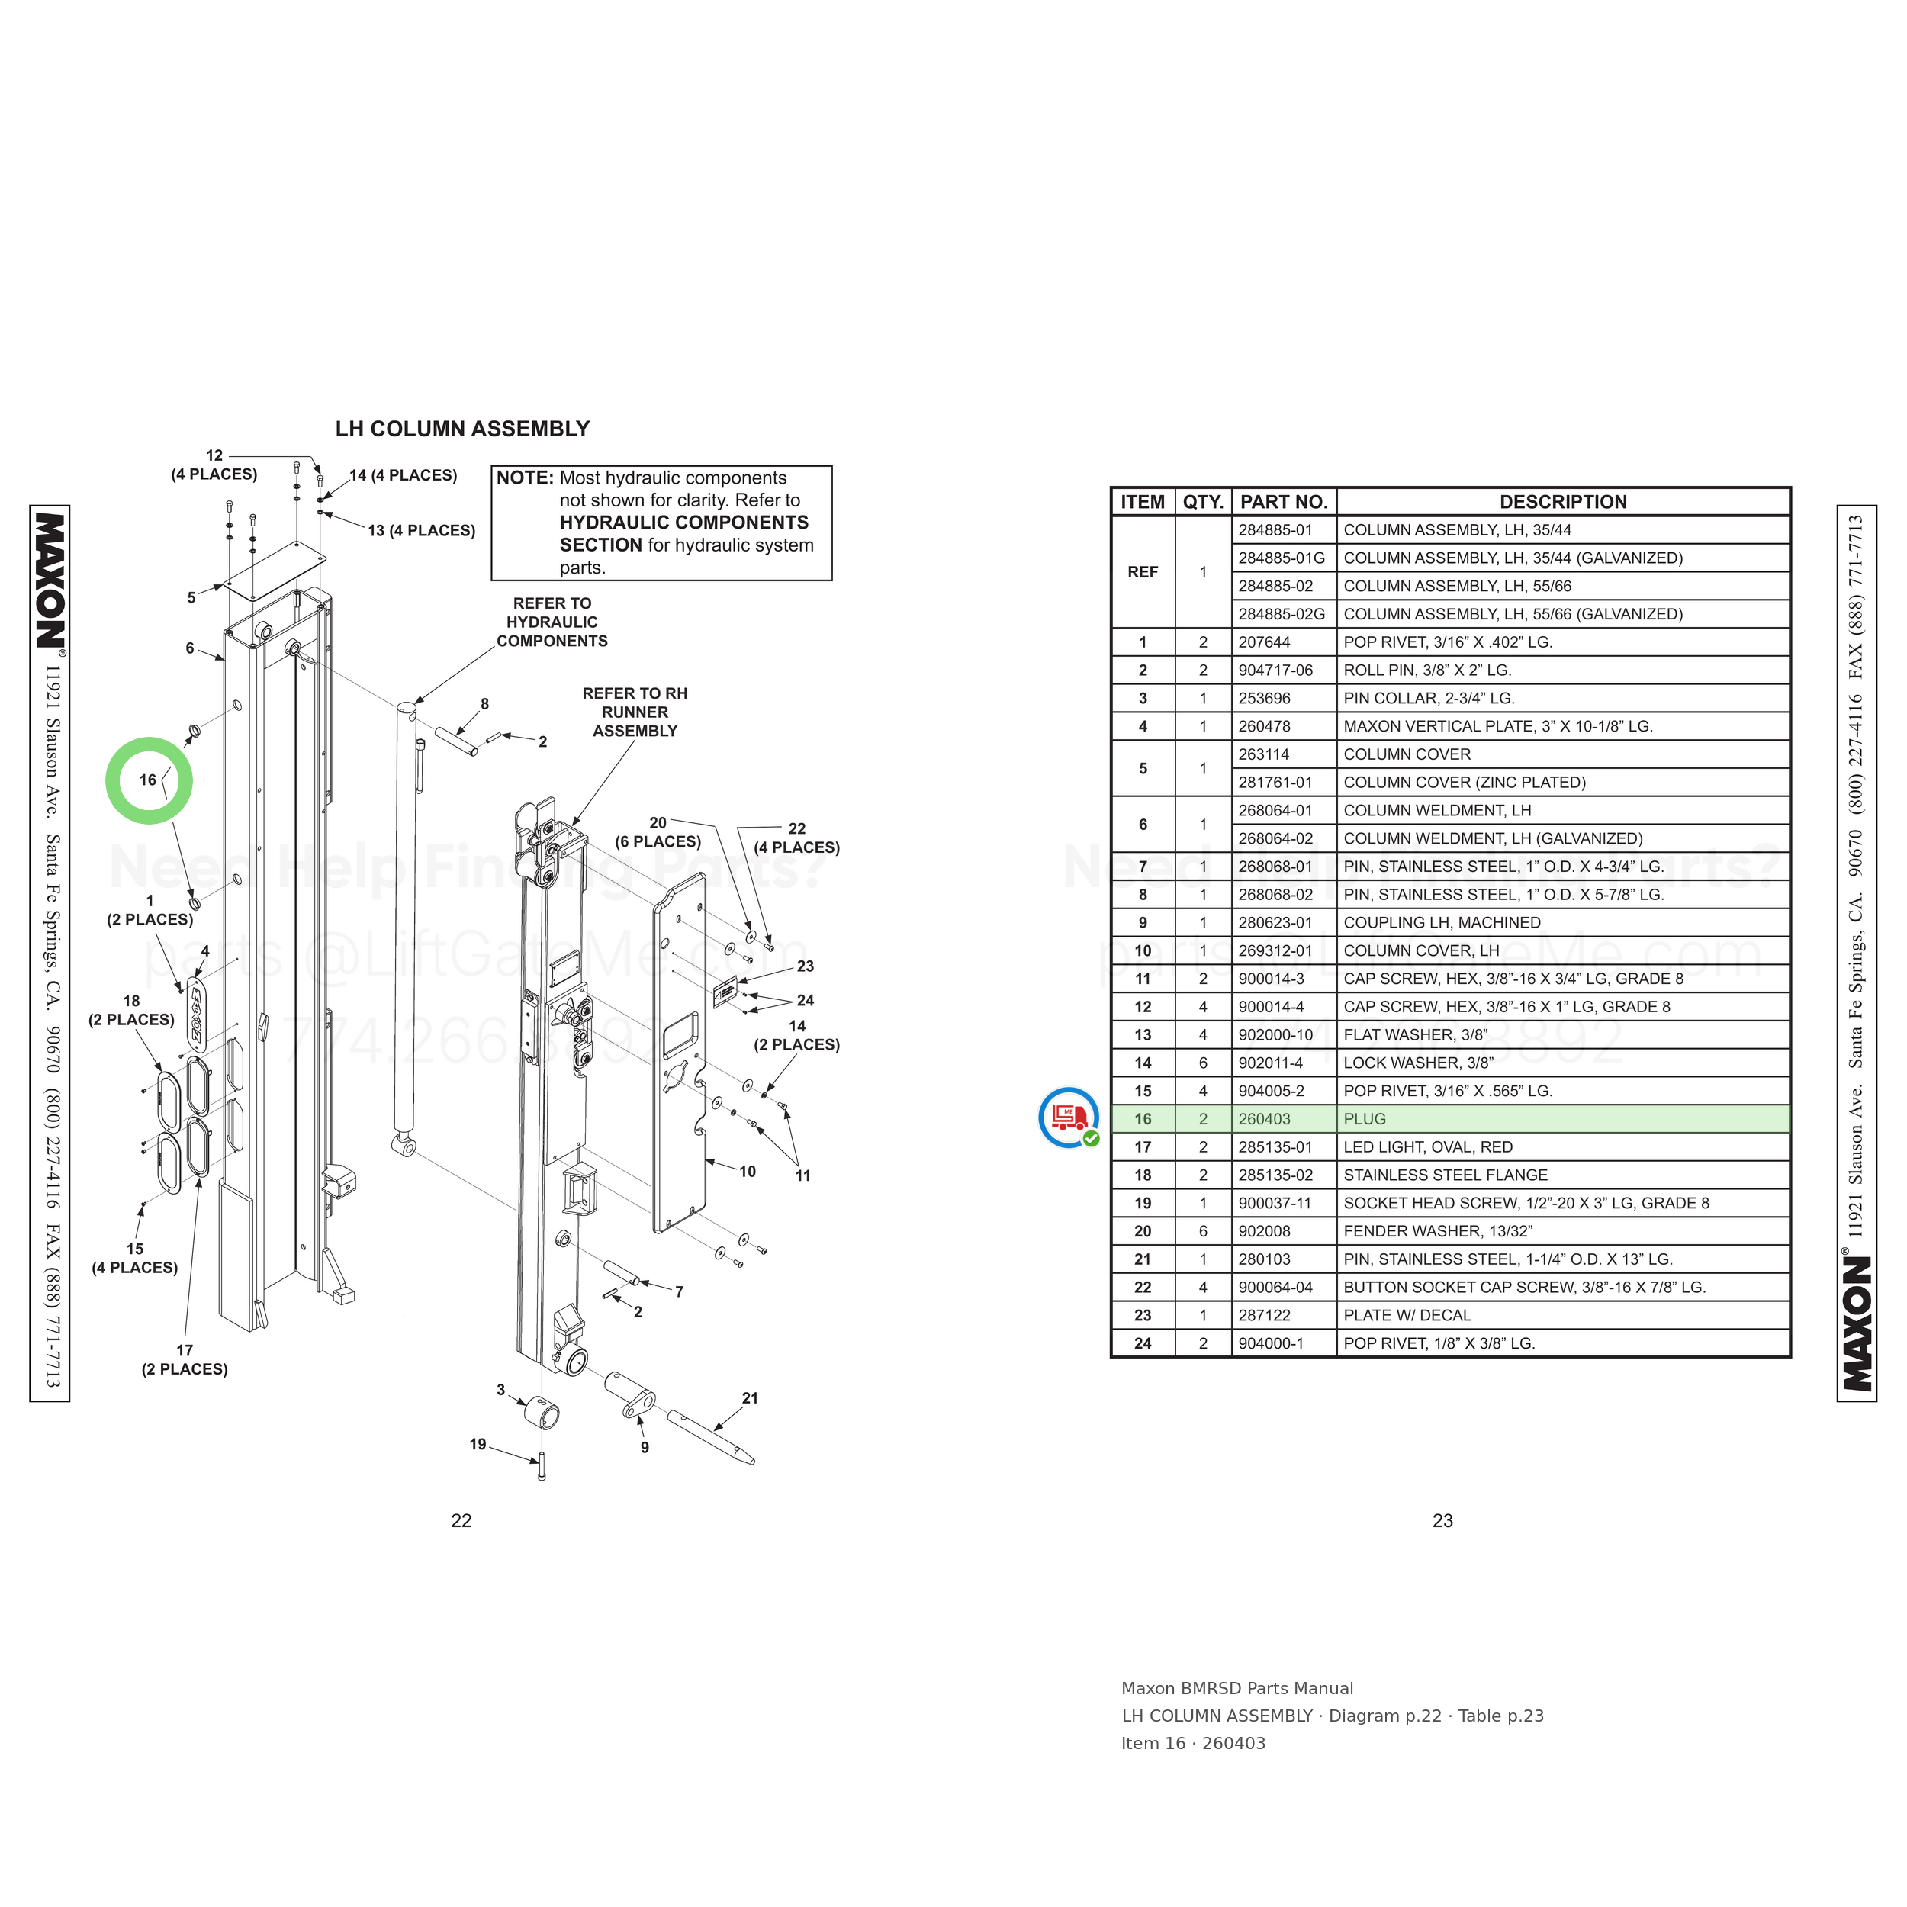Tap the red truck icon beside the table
coord(1069,1118)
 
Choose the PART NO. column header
coord(1283,501)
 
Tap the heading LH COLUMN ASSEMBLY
coord(462,429)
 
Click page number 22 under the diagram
coord(461,1521)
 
